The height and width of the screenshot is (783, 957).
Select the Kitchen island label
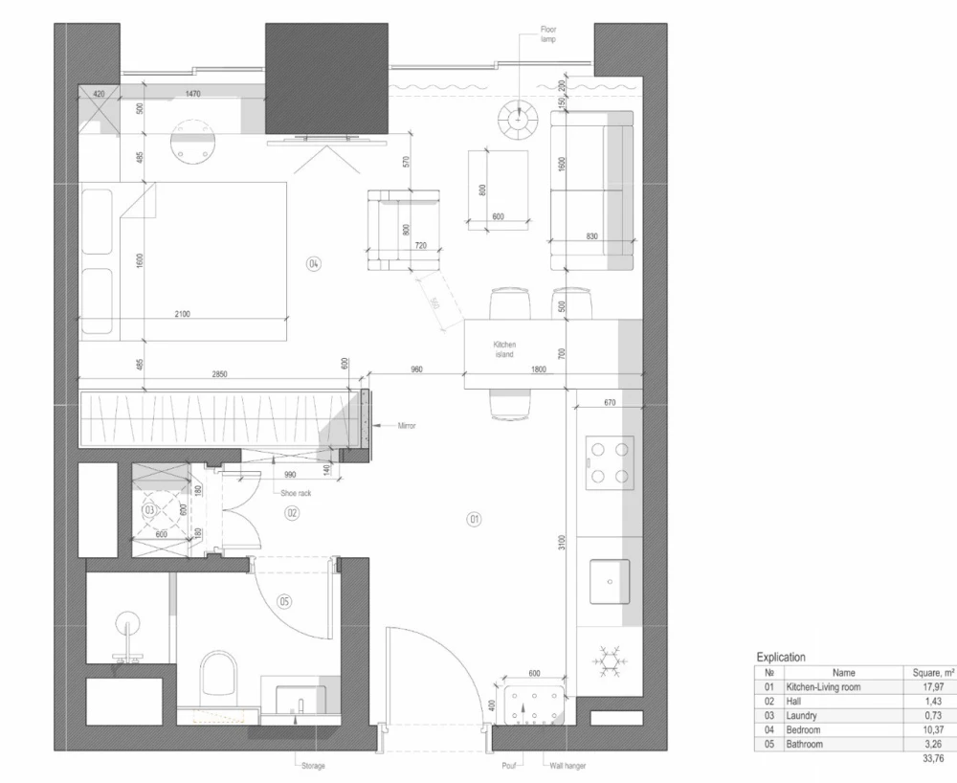504,349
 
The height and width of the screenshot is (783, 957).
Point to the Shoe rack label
295,493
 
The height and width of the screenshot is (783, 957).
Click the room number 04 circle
313,263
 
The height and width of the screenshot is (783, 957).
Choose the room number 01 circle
473,520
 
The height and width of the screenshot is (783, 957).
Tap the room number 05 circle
284,602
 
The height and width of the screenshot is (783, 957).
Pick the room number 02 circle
294,514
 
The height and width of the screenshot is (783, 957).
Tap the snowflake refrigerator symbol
609,660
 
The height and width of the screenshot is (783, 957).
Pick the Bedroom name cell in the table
804,729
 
